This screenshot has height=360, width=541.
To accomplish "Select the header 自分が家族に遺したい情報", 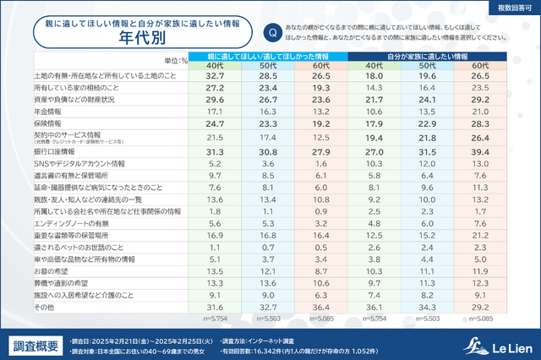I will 426,56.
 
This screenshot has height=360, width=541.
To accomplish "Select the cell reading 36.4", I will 320,308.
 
